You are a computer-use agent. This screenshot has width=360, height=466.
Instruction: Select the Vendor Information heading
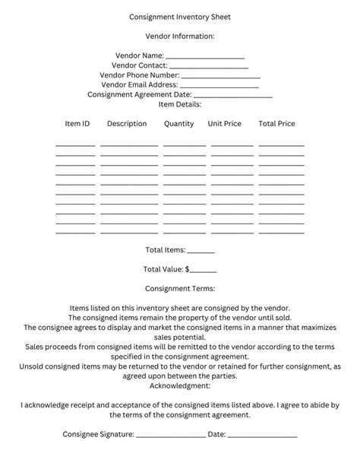tap(180, 36)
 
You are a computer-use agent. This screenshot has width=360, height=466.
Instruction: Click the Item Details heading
tap(180, 104)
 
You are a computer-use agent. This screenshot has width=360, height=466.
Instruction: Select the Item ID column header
tap(77, 123)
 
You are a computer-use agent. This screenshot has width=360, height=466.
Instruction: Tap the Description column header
tap(127, 123)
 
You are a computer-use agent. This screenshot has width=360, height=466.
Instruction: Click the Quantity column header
tap(178, 123)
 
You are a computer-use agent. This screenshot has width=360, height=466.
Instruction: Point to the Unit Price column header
tap(225, 123)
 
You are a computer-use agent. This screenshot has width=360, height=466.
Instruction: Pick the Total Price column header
tap(276, 123)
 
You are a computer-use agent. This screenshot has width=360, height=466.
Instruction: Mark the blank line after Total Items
tap(201, 252)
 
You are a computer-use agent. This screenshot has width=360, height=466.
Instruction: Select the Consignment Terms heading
tap(180, 288)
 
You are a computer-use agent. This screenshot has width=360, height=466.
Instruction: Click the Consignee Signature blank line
tap(171, 436)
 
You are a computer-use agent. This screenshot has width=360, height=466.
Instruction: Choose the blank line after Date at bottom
tap(262, 436)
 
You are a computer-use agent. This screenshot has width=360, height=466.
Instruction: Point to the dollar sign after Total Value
tap(188, 269)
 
